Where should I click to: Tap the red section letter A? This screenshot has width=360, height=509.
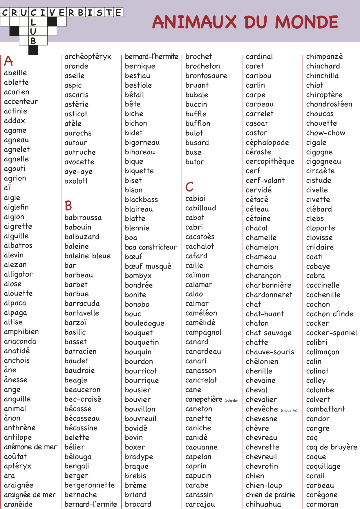[x=9, y=61]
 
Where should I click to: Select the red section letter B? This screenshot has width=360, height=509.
[x=68, y=205]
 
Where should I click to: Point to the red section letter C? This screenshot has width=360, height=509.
[x=189, y=187]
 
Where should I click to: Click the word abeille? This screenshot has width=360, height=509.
[x=15, y=73]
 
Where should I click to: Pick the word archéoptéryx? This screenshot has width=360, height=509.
[x=88, y=57]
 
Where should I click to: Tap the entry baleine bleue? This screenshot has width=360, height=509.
[x=87, y=256]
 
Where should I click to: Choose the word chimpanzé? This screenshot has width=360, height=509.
[x=324, y=57]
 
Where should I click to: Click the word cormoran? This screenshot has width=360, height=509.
[x=322, y=504]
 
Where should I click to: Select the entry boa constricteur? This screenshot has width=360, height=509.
[x=151, y=247]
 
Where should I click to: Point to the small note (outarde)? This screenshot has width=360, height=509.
[x=231, y=400]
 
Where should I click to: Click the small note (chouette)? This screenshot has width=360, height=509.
[x=289, y=410]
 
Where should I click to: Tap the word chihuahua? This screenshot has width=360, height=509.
[x=263, y=504]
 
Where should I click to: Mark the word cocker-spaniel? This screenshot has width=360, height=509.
[x=331, y=333]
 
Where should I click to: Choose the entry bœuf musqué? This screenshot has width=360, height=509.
[x=148, y=266]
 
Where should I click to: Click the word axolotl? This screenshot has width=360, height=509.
[x=76, y=181]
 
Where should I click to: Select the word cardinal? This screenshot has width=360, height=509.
[x=259, y=57]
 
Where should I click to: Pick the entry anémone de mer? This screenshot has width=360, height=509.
[x=30, y=447]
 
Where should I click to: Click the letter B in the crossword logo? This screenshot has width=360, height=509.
[x=33, y=41]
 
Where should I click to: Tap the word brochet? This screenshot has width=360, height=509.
[x=199, y=57]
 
